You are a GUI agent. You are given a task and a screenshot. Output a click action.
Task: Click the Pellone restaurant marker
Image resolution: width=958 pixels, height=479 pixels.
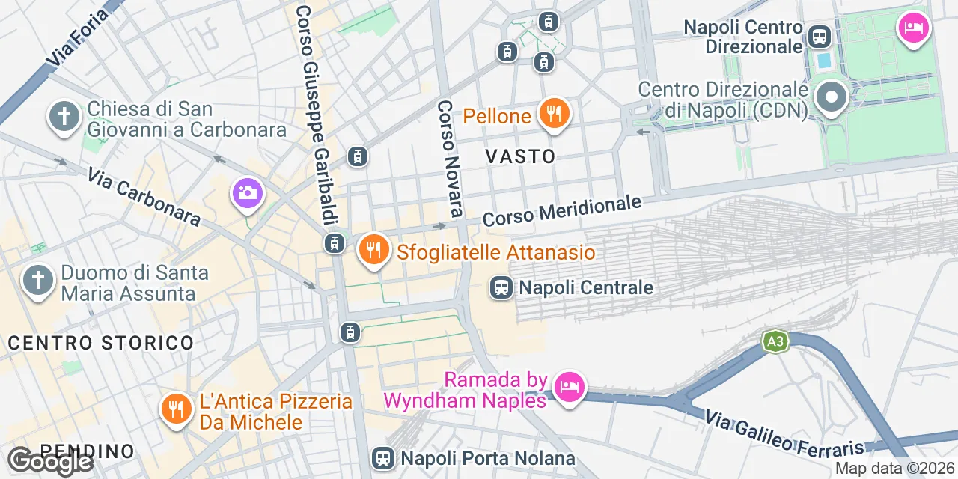[x=554, y=115]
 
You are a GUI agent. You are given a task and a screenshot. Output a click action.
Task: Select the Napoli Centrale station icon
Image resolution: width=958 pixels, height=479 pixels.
[x=501, y=287]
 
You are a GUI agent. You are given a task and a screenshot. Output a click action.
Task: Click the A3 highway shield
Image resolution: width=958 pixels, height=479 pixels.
[x=775, y=342]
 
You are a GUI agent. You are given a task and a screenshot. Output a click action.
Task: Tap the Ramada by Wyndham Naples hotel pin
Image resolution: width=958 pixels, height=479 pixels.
[x=570, y=387]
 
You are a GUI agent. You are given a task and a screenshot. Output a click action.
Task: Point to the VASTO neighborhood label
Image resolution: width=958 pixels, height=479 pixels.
[x=521, y=156]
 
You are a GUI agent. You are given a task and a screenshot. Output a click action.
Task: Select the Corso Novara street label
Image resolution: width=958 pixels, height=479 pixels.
[x=449, y=159]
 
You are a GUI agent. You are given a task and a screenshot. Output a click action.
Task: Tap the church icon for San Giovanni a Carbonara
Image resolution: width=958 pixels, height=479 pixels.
[x=64, y=118]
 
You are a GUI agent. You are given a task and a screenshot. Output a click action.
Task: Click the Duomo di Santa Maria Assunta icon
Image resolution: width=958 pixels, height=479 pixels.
[x=38, y=281]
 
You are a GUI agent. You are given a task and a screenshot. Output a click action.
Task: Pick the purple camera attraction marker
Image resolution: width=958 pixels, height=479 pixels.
[x=246, y=193]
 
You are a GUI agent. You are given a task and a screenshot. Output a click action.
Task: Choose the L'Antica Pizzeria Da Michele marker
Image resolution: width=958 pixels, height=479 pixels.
[x=176, y=409]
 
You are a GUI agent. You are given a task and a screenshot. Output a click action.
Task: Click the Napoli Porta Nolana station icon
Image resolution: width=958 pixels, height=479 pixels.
[x=383, y=457]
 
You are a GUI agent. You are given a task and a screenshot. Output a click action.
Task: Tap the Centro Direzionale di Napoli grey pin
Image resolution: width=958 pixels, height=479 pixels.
[x=831, y=98]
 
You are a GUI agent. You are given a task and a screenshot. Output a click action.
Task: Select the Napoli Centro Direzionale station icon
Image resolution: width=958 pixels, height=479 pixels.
[x=820, y=35]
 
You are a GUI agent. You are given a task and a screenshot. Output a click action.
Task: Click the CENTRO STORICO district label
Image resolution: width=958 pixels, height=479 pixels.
[x=101, y=343]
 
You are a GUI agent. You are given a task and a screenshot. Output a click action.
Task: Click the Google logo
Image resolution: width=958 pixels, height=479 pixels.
[x=50, y=462]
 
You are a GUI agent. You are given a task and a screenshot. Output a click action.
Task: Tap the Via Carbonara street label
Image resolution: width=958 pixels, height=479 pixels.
[x=144, y=197]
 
